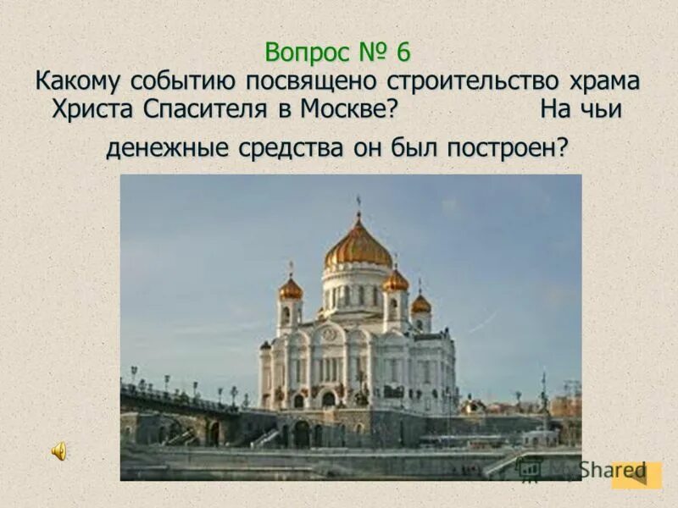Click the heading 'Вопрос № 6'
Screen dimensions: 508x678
337,52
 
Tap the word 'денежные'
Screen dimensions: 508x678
161,149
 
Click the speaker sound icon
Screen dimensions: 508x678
59,452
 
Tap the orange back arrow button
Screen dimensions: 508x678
636,475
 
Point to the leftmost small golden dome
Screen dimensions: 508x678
291,289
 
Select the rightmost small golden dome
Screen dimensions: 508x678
420,303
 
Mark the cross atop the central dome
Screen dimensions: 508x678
358,204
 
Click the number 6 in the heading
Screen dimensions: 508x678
401,52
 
